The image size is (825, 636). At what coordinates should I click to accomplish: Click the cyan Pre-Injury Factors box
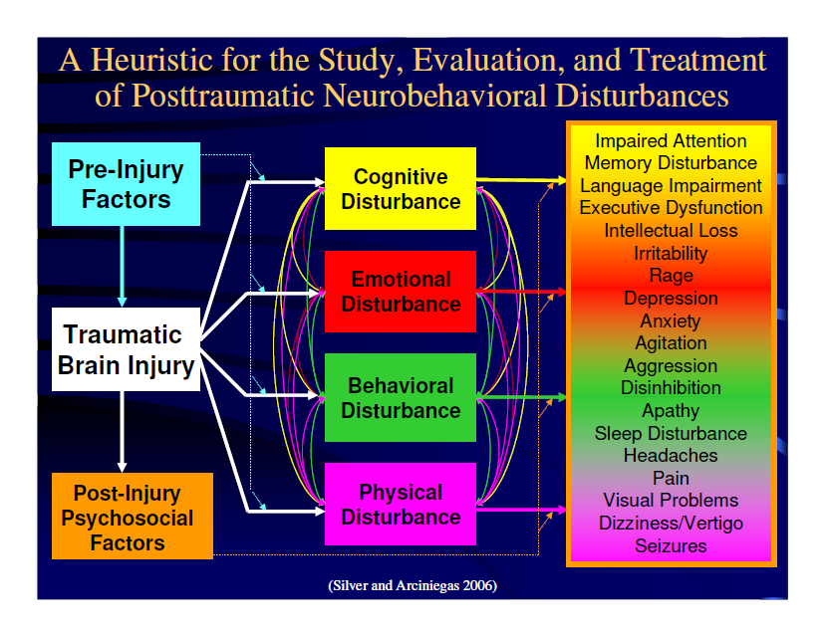click(x=126, y=184)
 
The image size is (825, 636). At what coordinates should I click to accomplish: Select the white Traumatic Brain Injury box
click(x=126, y=349)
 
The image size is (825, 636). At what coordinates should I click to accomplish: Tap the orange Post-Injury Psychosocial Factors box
click(x=133, y=516)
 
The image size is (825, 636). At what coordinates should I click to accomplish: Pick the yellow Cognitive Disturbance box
click(x=401, y=189)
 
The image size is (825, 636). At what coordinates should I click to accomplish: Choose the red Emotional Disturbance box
click(x=401, y=292)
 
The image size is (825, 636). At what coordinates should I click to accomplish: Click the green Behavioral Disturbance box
click(x=401, y=398)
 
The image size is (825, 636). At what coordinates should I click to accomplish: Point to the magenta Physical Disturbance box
click(x=401, y=504)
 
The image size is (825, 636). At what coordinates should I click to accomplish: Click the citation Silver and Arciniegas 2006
click(x=412, y=585)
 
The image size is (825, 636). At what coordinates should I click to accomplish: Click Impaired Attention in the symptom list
click(x=671, y=141)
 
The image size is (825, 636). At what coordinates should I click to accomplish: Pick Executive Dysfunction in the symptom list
click(x=671, y=208)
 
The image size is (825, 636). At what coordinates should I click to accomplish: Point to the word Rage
click(x=671, y=276)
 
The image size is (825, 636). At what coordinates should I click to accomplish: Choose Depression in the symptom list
click(x=671, y=298)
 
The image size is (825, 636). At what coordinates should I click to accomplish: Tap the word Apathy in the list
click(x=671, y=410)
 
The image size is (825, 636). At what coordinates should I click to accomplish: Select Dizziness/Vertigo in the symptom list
click(x=671, y=523)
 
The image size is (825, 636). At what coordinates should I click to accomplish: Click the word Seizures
click(x=671, y=545)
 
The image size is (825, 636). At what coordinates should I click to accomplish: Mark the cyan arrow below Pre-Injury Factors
click(x=123, y=267)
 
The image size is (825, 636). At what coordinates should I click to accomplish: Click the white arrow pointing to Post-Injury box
click(x=123, y=432)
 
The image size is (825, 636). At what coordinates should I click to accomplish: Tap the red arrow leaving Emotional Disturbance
click(x=521, y=292)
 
